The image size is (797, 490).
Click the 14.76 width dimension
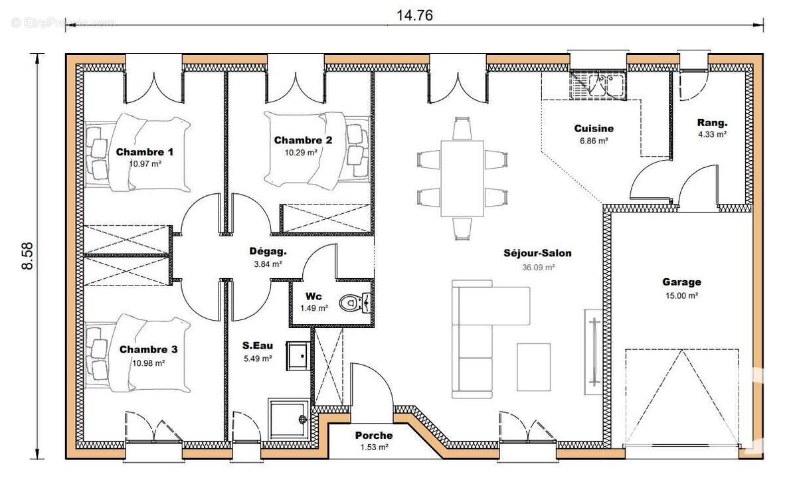(x=414, y=15)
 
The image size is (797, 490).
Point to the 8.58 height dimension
(x=28, y=256)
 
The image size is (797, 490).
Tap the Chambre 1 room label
(x=145, y=152)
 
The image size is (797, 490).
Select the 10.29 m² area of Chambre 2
(x=301, y=153)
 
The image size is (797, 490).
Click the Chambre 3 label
(x=148, y=349)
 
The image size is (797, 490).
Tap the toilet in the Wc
(x=355, y=303)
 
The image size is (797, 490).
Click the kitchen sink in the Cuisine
(x=598, y=85)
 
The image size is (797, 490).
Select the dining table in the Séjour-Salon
(x=462, y=179)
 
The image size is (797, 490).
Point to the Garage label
(x=681, y=282)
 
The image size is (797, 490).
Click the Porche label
(x=374, y=436)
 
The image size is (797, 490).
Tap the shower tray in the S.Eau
(x=288, y=420)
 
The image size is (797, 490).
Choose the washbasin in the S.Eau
(x=298, y=356)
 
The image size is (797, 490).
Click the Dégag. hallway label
(x=268, y=252)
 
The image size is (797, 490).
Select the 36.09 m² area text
(x=539, y=268)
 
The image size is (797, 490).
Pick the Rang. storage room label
(x=712, y=123)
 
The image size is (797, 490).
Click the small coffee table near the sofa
(x=534, y=367)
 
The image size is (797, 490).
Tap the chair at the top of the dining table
(x=462, y=128)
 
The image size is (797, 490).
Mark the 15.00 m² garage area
(x=681, y=295)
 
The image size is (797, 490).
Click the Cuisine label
(x=594, y=128)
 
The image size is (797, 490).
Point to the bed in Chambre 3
(x=138, y=353)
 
